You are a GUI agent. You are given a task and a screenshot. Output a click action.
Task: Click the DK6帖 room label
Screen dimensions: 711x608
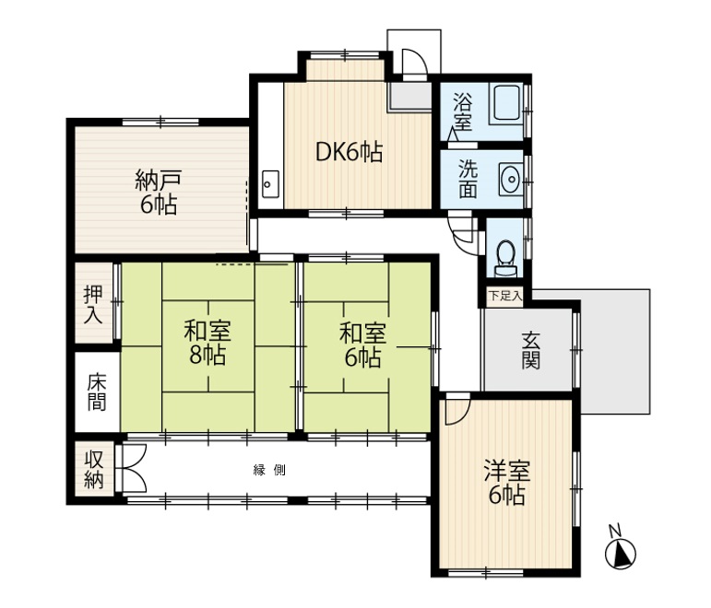(349, 153)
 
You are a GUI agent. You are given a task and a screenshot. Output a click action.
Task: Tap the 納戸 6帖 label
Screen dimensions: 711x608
(159, 193)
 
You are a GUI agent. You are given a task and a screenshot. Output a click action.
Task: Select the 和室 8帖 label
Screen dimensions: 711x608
(207, 343)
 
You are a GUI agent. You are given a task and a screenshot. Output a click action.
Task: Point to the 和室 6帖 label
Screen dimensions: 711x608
(362, 345)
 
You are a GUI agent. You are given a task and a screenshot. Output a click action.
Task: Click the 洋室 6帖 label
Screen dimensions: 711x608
(507, 483)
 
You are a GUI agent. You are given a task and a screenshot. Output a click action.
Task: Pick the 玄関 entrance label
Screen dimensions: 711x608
(530, 350)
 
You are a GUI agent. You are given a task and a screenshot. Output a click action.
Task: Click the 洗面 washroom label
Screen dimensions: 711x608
(468, 180)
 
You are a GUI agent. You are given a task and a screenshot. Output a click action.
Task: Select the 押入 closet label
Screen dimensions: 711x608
(93, 304)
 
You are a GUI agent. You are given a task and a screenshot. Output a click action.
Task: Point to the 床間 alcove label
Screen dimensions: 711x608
(97, 392)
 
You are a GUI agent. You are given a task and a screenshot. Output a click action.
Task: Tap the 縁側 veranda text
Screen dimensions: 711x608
(269, 470)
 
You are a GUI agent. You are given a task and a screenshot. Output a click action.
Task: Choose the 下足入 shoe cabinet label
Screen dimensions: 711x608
(505, 297)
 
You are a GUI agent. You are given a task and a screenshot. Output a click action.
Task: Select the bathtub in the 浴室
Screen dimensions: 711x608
(507, 103)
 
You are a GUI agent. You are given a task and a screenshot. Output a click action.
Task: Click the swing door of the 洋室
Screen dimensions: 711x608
(457, 408)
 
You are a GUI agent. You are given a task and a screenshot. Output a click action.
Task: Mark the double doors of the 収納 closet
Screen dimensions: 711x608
(131, 469)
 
